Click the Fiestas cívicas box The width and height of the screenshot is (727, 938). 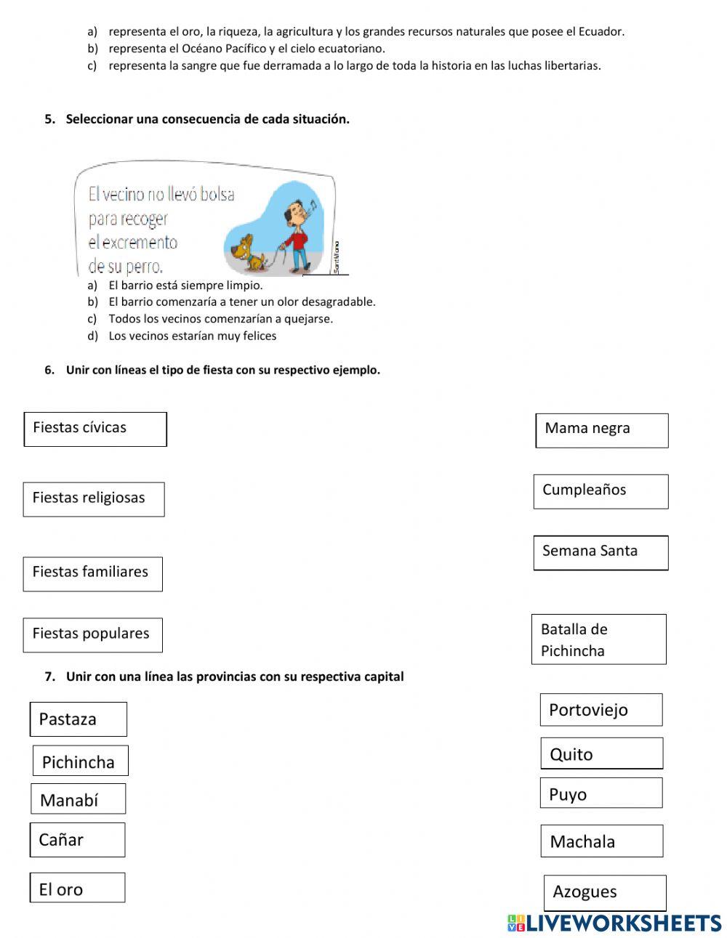(95, 429)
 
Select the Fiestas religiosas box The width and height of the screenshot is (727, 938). (94, 499)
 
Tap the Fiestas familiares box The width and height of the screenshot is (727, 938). (92, 574)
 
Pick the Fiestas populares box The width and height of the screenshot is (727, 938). (92, 635)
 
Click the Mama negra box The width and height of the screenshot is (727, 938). (602, 430)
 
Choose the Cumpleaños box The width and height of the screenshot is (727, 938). (601, 491)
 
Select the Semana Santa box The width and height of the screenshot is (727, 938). (601, 553)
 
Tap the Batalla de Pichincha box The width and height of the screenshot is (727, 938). (598, 639)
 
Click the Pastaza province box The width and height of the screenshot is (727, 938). (79, 719)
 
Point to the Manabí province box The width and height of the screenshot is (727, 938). (79, 799)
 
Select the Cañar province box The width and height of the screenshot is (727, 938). (77, 840)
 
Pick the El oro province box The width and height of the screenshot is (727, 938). (77, 888)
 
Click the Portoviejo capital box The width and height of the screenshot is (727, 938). (601, 710)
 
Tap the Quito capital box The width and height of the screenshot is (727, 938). (602, 753)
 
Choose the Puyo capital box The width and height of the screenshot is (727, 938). (601, 793)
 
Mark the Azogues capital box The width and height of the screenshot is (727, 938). (605, 892)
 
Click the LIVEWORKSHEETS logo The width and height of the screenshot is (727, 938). (614, 923)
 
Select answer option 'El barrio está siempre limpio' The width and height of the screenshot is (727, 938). (185, 286)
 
